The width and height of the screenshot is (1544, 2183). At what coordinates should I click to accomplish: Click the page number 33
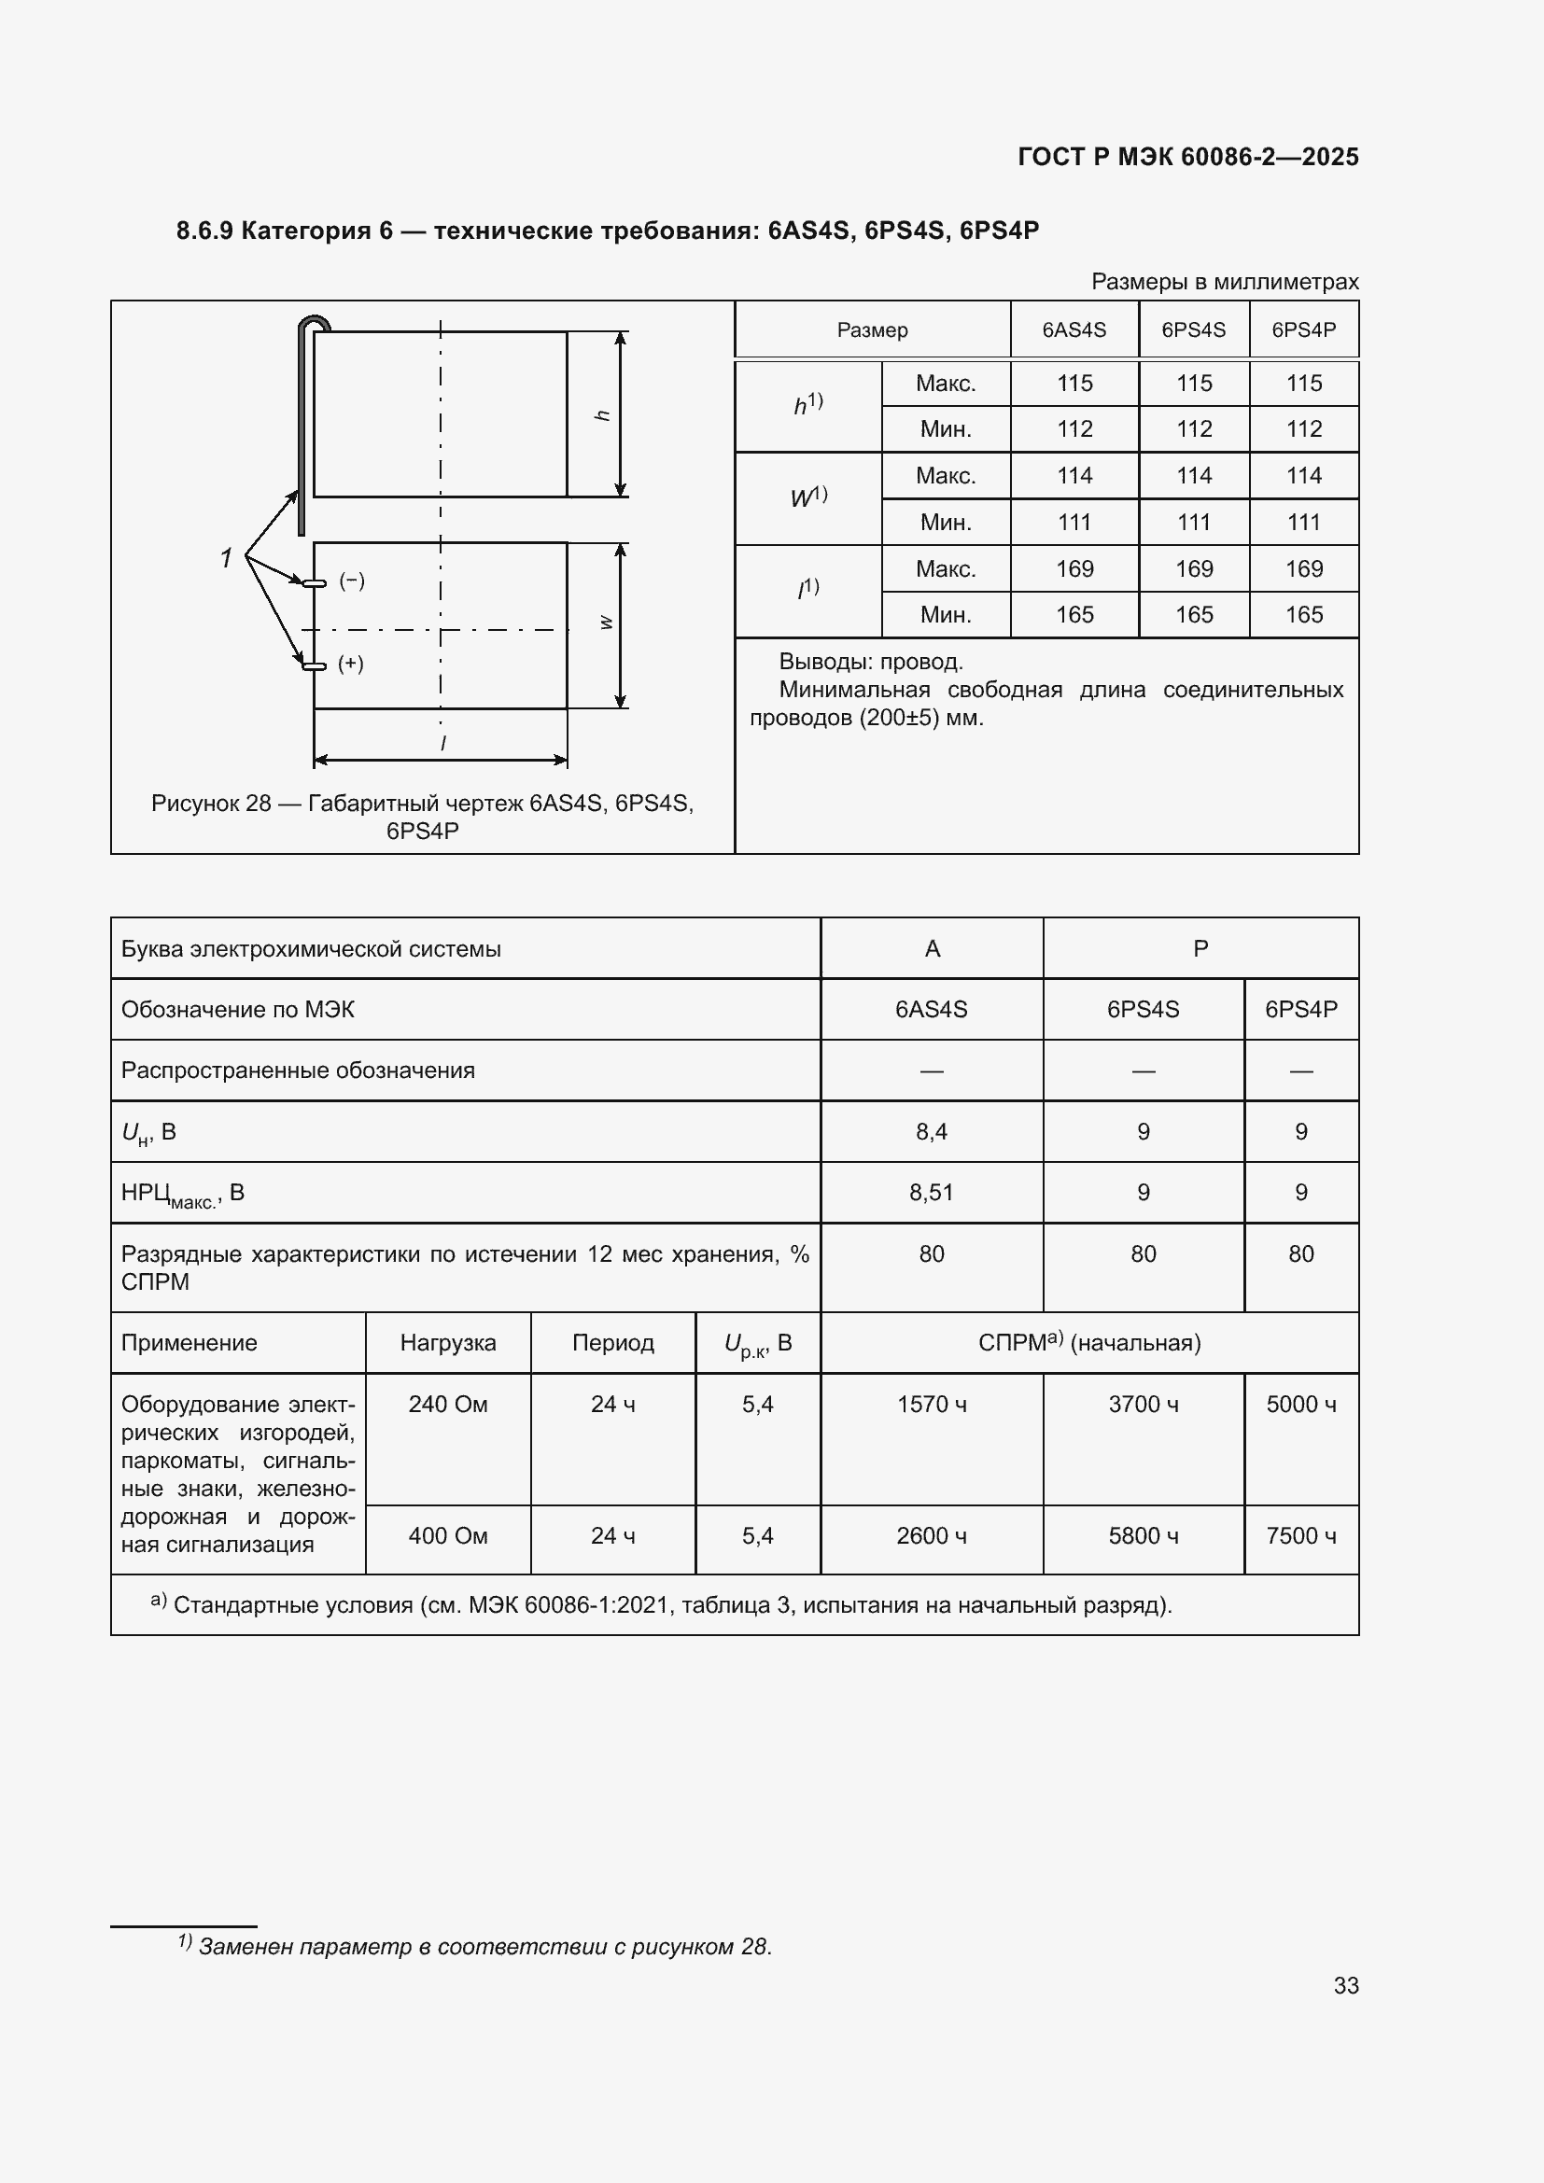(1345, 1985)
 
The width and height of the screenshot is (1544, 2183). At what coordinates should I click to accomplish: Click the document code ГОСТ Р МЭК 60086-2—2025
(1187, 157)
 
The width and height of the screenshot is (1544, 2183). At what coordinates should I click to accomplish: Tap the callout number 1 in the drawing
(226, 558)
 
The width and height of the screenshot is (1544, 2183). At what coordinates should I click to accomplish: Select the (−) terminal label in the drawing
(352, 581)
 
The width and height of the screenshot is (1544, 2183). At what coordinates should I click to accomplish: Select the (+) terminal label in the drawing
(351, 664)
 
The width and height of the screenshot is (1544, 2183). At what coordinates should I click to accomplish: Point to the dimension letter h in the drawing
(602, 415)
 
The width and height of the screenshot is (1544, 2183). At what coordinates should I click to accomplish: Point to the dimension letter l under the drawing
(443, 744)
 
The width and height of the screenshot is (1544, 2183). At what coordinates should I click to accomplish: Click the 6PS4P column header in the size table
(1303, 329)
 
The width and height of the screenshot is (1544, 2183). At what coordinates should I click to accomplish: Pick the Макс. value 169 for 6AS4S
(1074, 568)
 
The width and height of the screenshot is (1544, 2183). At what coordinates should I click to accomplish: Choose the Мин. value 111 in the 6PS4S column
(1193, 522)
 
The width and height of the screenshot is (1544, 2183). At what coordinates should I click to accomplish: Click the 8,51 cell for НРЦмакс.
(931, 1192)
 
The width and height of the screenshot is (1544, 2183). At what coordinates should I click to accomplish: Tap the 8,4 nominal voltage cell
(931, 1131)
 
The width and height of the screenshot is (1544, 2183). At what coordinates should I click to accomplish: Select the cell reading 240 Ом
(448, 1405)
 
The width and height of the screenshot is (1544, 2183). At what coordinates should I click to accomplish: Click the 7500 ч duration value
(1300, 1535)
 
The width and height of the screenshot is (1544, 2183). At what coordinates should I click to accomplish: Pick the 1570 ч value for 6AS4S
(931, 1405)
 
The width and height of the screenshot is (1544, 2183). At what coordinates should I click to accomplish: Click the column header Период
(612, 1342)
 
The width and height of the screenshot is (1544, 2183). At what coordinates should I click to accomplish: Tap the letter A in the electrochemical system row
(932, 949)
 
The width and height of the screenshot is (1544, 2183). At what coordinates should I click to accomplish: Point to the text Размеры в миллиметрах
(1225, 282)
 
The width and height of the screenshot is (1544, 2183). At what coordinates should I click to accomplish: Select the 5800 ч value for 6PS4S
(1143, 1535)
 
